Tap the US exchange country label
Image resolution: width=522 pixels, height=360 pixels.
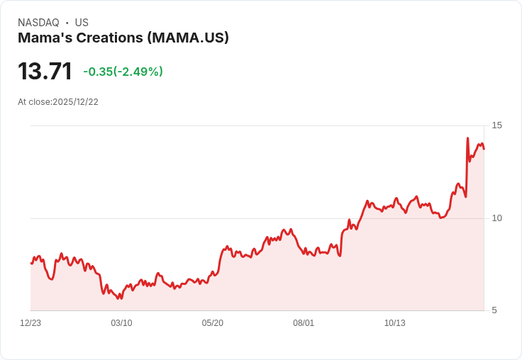[82, 23]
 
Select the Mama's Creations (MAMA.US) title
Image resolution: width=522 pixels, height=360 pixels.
[123, 38]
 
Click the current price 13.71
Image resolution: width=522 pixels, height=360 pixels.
[45, 72]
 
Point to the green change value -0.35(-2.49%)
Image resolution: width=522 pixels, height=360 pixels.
[123, 72]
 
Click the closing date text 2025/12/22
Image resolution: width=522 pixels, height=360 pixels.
[75, 102]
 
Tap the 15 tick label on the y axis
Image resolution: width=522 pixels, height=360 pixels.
[496, 125]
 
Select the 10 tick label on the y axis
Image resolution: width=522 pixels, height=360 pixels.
[496, 218]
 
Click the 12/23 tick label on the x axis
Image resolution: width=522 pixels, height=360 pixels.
[30, 323]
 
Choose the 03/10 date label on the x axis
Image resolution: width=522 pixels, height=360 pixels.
[121, 323]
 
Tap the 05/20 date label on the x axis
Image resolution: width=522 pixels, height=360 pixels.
[212, 323]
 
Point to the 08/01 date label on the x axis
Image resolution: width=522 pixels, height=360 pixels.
[304, 323]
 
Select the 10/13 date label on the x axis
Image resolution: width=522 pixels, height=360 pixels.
[394, 323]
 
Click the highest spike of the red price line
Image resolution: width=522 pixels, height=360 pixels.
[467, 138]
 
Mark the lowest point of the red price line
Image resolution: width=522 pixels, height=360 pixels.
[119, 299]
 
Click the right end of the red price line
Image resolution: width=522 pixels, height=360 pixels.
[484, 149]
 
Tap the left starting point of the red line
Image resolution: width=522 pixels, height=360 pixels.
[31, 263]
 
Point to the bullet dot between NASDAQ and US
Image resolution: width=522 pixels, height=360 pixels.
[67, 23]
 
